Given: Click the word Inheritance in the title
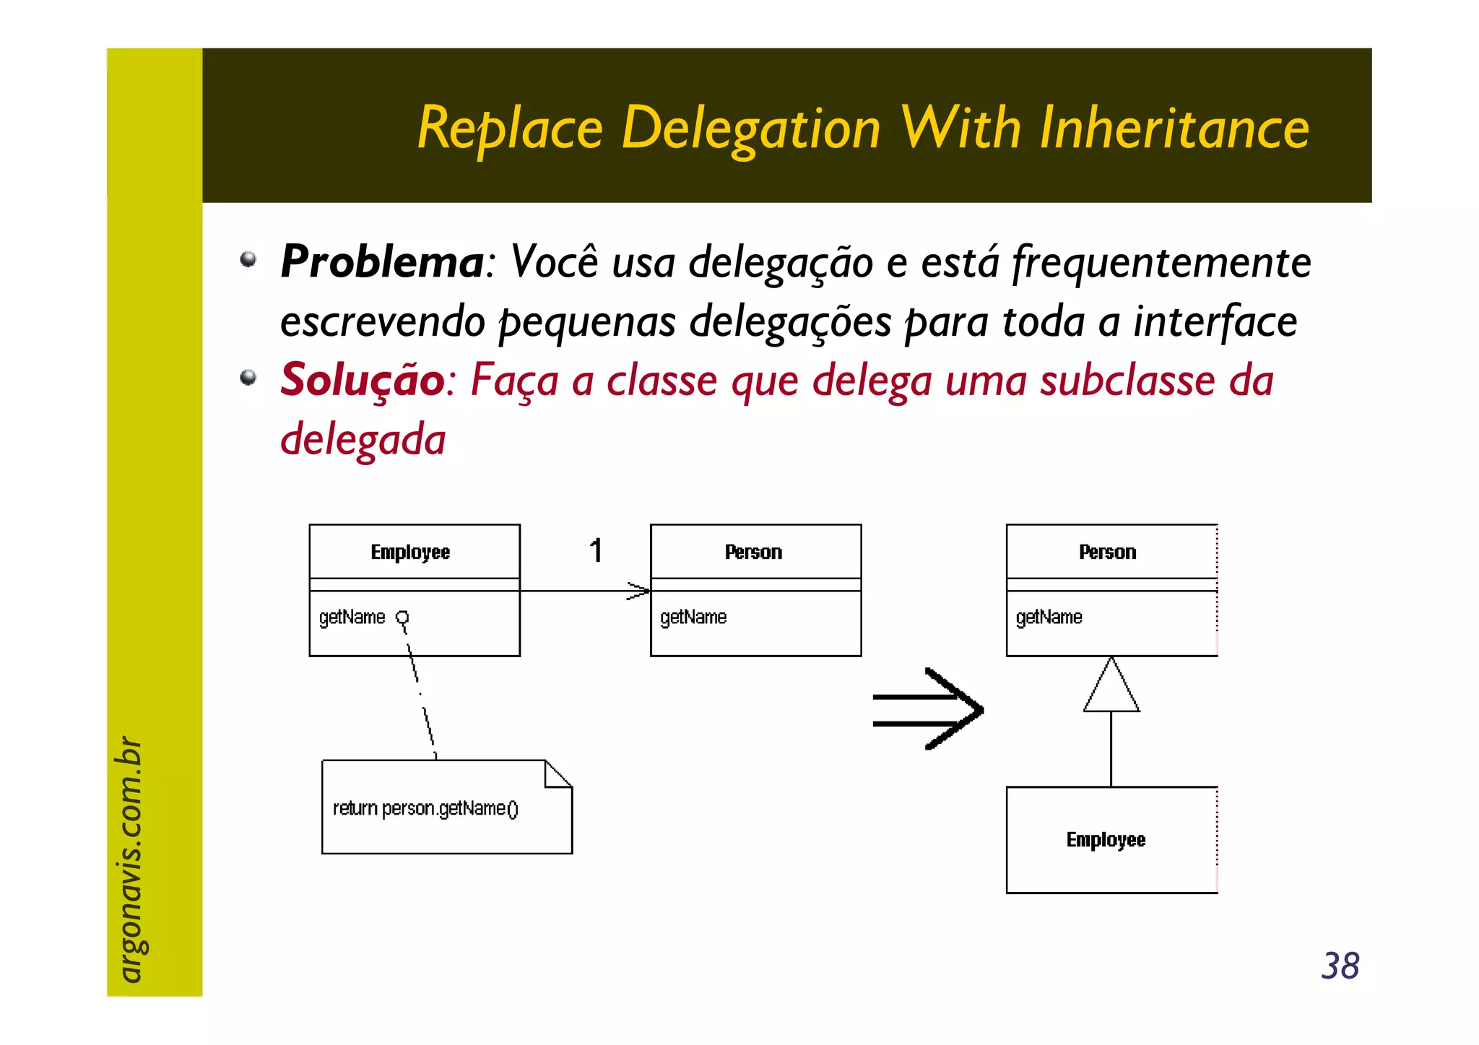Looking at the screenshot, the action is [1174, 129].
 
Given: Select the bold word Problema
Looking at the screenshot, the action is [381, 261].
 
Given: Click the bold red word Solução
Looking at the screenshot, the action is [362, 380].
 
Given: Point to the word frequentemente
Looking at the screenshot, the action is [1161, 261].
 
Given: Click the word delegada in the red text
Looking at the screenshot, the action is [363, 439].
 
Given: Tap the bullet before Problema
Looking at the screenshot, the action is [248, 259].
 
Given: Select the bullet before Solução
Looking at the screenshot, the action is [248, 377].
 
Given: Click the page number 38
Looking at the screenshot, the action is [1340, 966].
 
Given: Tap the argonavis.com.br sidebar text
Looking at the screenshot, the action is [130, 859].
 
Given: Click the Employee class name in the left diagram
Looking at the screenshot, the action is [410, 552].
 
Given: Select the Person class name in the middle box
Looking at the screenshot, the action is [753, 552].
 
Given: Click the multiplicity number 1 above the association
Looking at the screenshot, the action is [596, 551].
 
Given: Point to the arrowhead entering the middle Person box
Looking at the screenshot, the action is [640, 591].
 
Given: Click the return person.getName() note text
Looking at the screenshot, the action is [425, 808].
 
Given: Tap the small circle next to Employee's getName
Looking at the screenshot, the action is [402, 617].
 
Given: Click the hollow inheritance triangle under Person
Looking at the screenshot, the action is [1111, 688].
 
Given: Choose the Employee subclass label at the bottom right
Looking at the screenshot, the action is [1106, 840].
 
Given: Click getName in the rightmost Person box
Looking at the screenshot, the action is [1049, 617].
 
